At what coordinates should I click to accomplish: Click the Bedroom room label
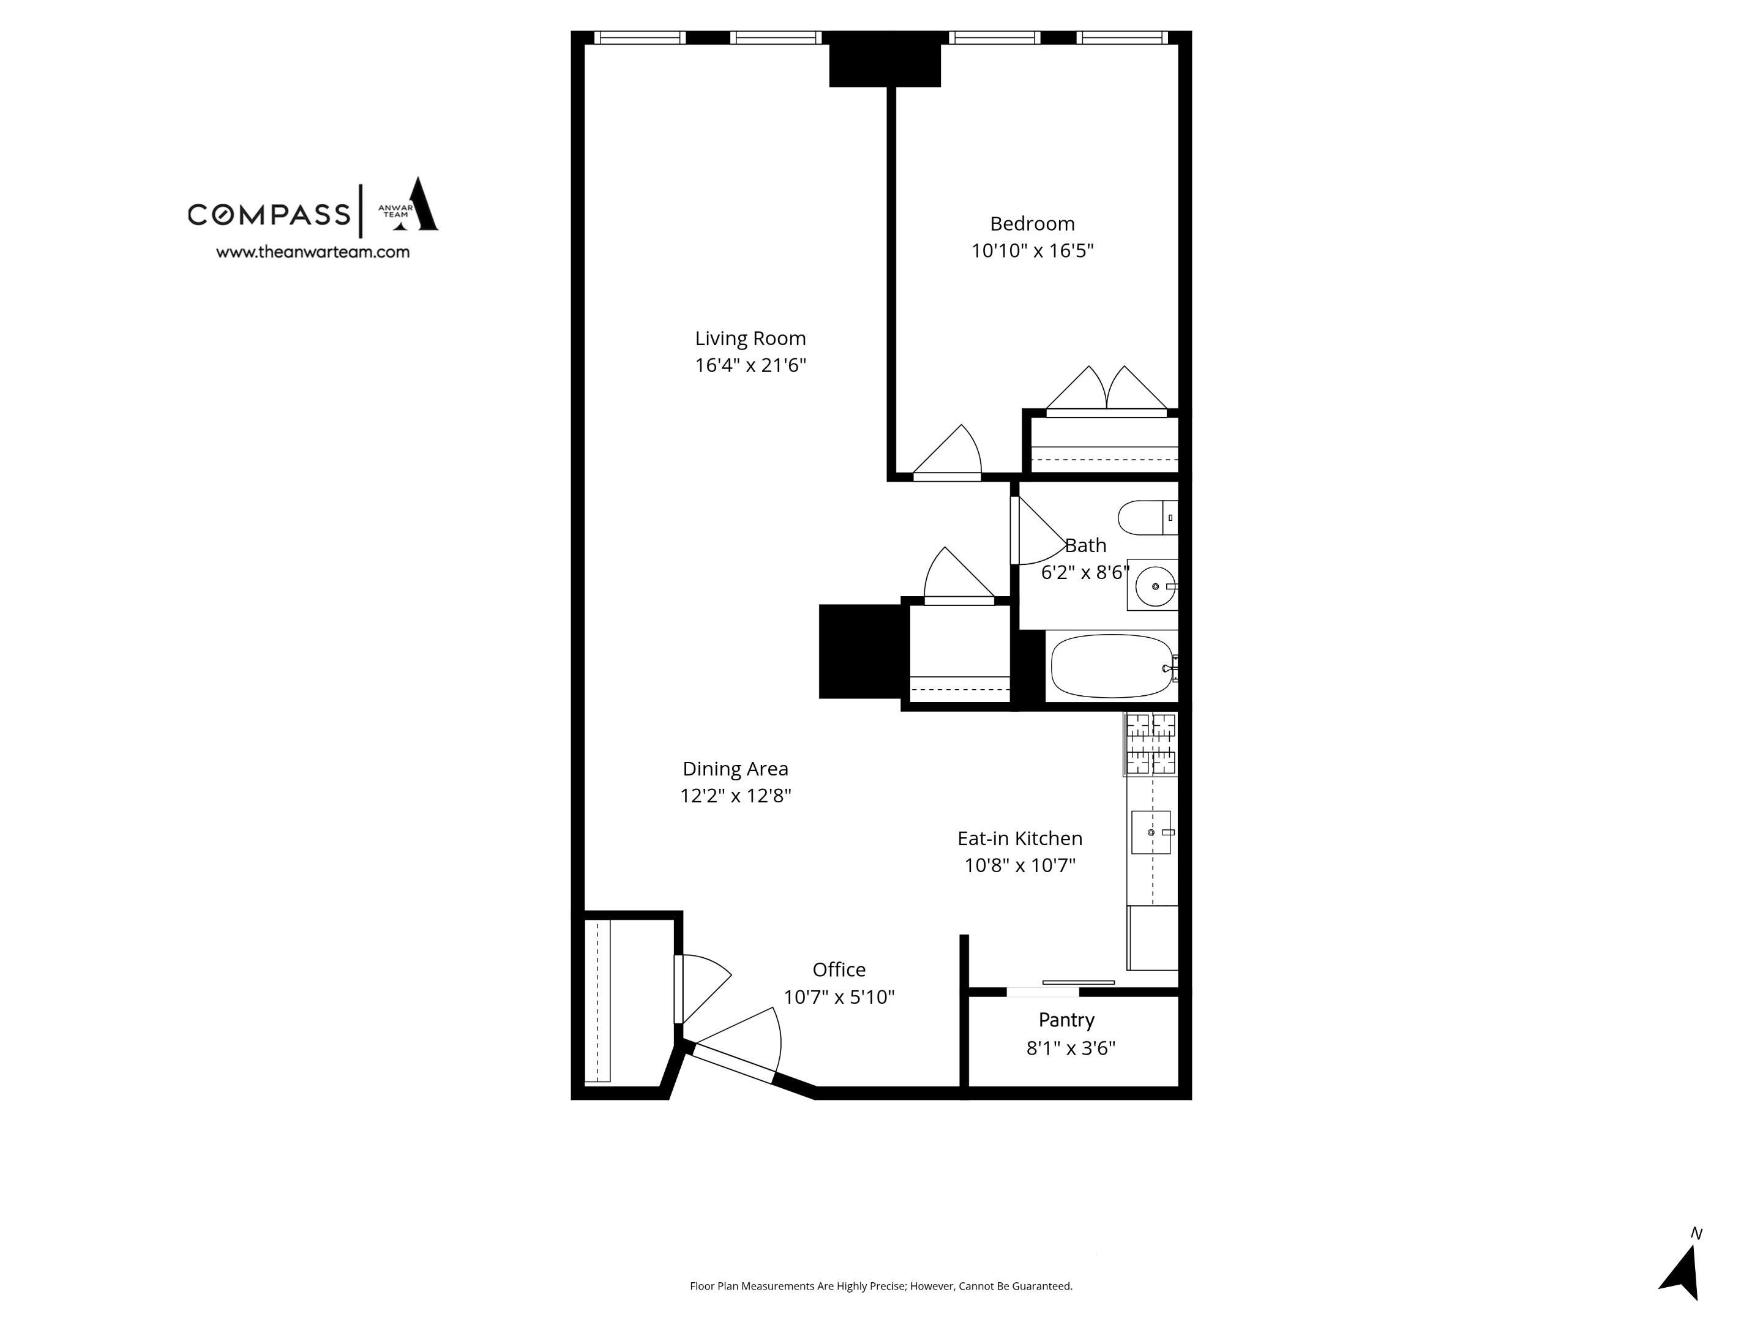point(1032,224)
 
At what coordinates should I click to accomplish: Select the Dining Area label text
point(735,769)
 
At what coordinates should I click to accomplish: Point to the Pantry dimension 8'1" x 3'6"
point(1071,1048)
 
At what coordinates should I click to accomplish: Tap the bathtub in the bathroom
point(1112,665)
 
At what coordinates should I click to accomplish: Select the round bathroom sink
point(1155,586)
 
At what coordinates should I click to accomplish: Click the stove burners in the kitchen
point(1150,744)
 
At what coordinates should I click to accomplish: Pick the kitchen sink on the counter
point(1151,832)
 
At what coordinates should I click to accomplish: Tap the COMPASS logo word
point(269,214)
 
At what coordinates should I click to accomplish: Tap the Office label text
point(839,970)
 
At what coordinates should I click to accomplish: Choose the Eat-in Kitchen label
point(1019,838)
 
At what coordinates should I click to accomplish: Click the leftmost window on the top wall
point(639,37)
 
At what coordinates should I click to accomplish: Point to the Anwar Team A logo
point(412,205)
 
